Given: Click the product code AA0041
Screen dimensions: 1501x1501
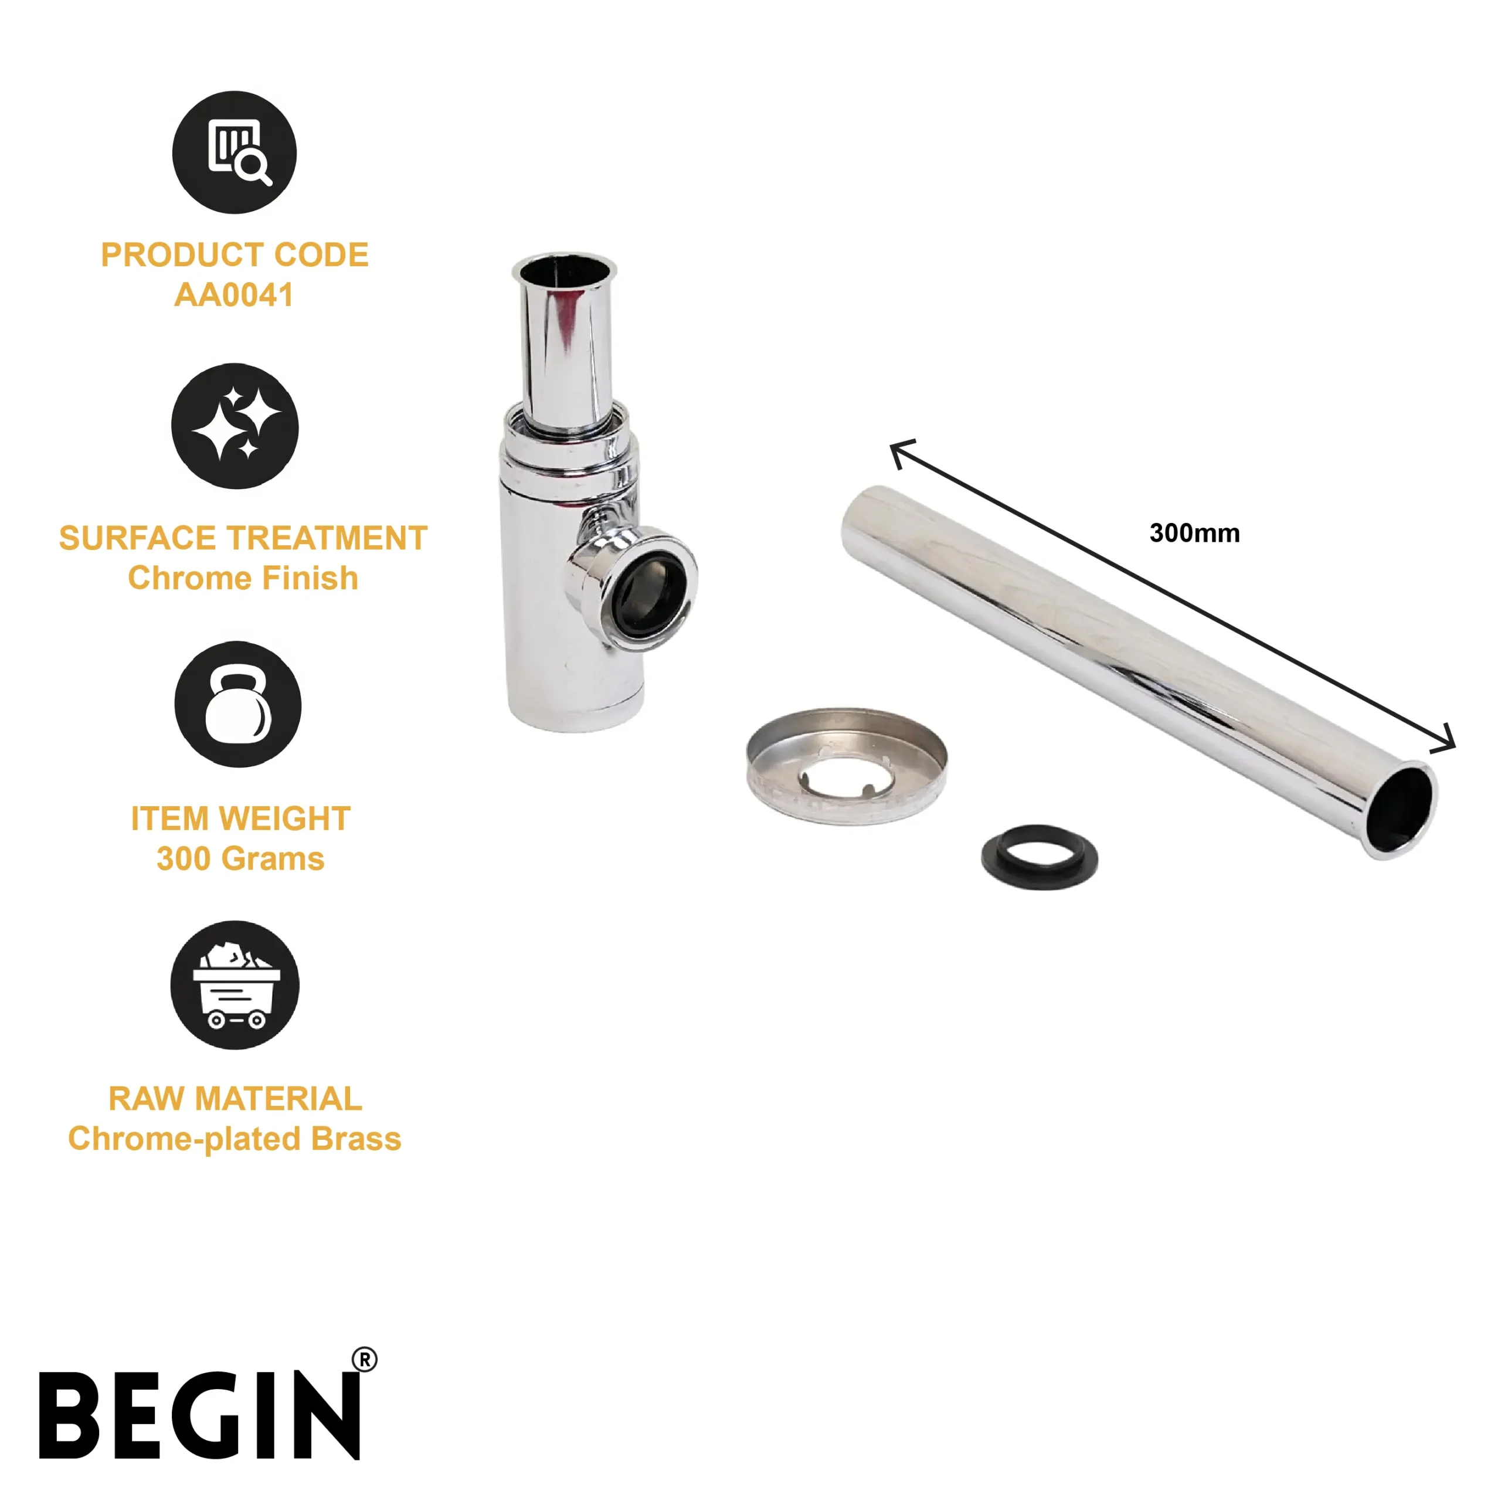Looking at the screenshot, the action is point(234,296).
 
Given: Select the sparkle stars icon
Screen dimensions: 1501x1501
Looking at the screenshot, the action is point(235,426).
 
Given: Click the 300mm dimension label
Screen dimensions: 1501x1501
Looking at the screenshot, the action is point(1194,533).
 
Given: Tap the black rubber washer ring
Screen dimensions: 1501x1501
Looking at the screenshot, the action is point(1040,857).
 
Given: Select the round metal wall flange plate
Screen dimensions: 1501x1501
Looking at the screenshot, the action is point(847,765).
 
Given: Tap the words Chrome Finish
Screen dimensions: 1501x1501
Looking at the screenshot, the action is point(243,578).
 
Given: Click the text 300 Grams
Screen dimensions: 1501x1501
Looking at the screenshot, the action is point(240,858).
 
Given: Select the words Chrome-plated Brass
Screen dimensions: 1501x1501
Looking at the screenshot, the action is point(235,1139).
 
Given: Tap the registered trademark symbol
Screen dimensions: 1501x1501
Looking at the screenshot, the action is point(364,1360).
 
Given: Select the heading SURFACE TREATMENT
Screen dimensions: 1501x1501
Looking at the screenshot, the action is point(243,538).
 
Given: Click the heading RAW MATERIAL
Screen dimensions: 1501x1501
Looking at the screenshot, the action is point(235,1099).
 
